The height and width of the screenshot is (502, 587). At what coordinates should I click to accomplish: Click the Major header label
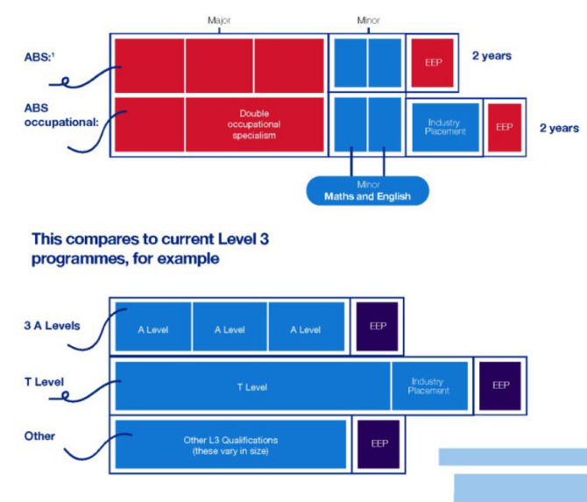218,19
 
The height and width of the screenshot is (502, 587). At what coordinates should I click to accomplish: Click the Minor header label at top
368,19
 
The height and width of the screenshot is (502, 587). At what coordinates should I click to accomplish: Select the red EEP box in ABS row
432,63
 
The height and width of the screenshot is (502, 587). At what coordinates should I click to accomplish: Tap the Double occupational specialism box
258,124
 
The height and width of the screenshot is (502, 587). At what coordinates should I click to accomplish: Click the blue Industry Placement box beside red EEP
446,127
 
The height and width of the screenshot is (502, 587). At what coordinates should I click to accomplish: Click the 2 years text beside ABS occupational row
559,128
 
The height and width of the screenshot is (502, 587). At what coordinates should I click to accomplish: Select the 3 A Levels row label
53,326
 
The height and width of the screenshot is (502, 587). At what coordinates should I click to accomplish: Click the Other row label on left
40,436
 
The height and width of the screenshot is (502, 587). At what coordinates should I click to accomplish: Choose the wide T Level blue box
251,386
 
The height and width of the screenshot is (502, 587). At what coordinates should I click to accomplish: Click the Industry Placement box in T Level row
428,386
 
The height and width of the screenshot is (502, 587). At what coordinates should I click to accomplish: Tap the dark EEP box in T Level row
500,385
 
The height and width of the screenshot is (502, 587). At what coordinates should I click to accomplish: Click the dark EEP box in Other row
379,443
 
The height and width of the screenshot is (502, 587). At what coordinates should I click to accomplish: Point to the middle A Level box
230,329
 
